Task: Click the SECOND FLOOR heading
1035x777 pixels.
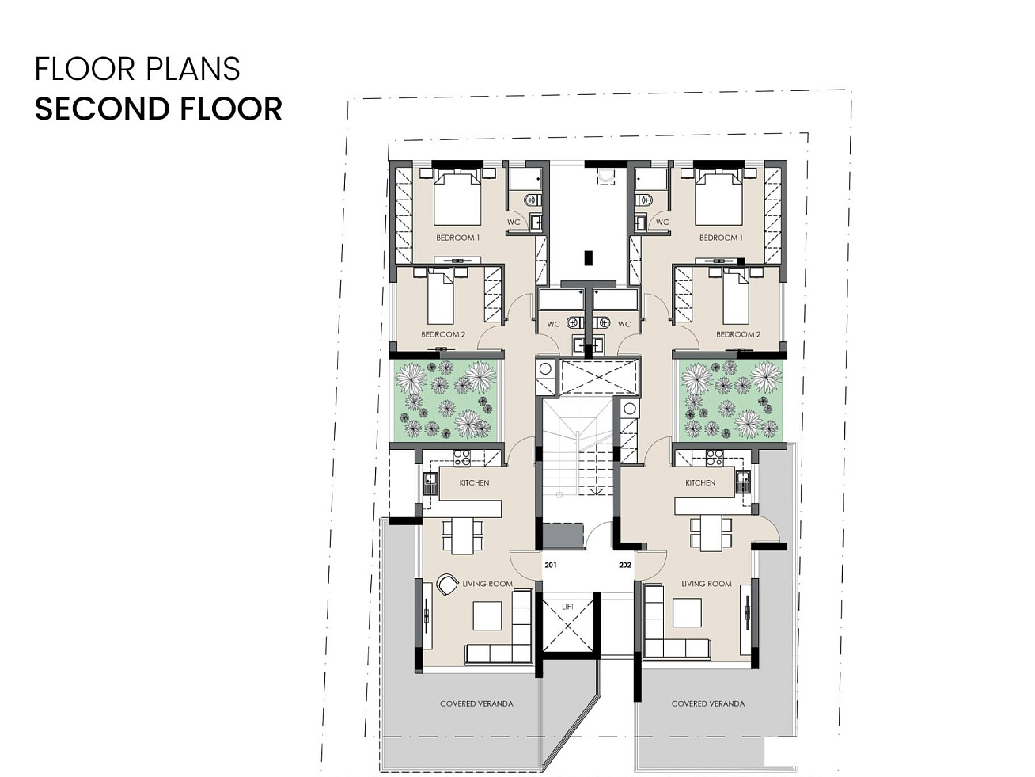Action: (158, 109)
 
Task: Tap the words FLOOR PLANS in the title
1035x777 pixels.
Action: (138, 69)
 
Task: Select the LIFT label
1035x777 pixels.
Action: (568, 606)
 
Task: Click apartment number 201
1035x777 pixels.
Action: (551, 565)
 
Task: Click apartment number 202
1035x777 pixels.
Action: (625, 565)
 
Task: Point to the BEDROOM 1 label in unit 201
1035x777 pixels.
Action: (458, 238)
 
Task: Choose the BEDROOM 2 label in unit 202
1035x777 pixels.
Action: (738, 334)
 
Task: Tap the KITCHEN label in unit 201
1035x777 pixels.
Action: (474, 482)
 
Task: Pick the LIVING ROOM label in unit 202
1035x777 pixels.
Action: (707, 584)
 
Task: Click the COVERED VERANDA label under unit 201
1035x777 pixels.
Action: (476, 703)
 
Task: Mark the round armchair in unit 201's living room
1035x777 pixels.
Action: (446, 585)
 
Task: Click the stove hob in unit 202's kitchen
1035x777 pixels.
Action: (715, 458)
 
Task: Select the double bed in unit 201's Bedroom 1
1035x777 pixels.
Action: (457, 198)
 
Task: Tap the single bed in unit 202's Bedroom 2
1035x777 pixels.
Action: (736, 296)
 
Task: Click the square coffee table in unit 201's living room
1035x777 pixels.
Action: (487, 615)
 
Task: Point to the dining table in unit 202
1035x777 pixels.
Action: (711, 533)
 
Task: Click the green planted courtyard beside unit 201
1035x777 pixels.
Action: (445, 399)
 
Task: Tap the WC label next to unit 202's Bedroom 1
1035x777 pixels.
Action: (662, 222)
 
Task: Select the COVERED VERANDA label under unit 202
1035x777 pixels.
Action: (707, 703)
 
